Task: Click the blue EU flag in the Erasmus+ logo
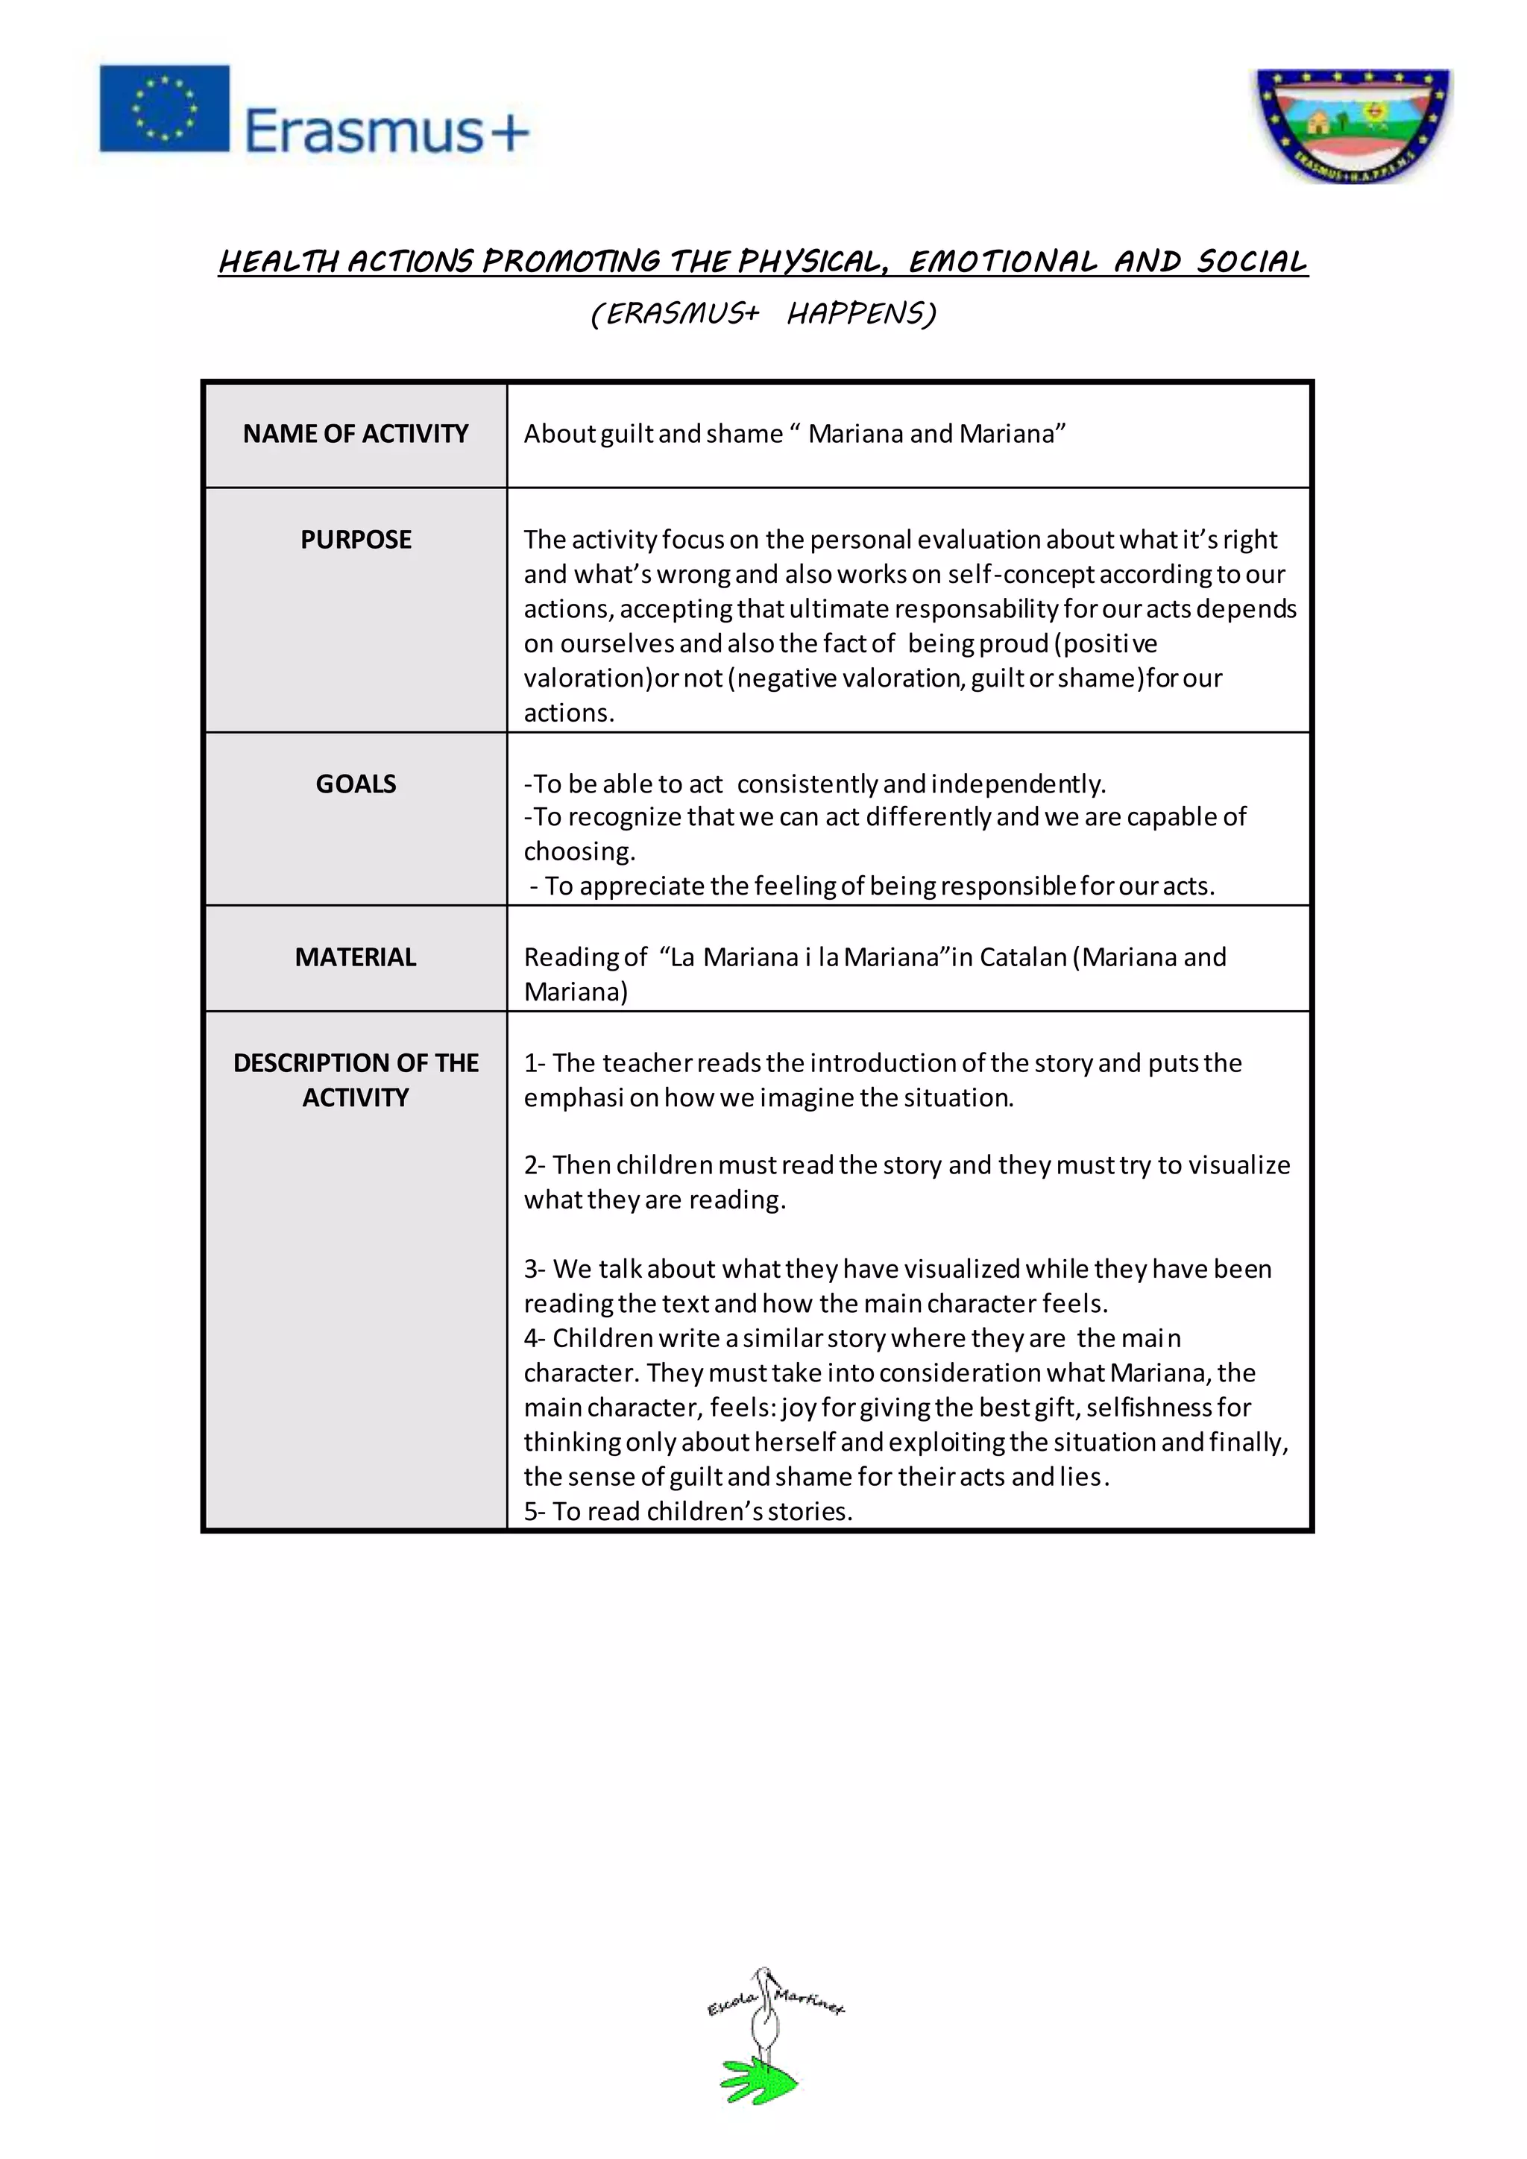(x=165, y=108)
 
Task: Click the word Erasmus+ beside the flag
(x=386, y=130)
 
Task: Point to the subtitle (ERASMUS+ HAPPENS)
(x=763, y=313)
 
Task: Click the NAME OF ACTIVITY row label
(x=356, y=433)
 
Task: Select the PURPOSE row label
(x=356, y=540)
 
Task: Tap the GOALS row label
(x=356, y=784)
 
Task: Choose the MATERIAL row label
(x=356, y=957)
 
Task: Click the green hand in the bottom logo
(x=758, y=2080)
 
